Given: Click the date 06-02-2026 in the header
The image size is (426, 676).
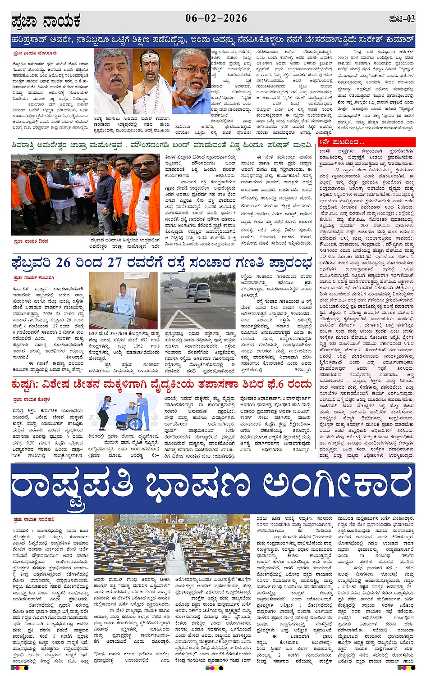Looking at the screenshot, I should pyautogui.click(x=216, y=18).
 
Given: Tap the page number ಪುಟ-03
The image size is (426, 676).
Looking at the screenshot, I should pyautogui.click(x=401, y=19).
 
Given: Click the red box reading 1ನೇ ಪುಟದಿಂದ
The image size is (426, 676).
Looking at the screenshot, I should pyautogui.click(x=341, y=142).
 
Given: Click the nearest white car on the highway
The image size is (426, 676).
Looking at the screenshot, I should pyautogui.click(x=202, y=292).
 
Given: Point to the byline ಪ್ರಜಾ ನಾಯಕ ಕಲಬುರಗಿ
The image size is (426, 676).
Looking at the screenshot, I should pyautogui.click(x=34, y=277).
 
